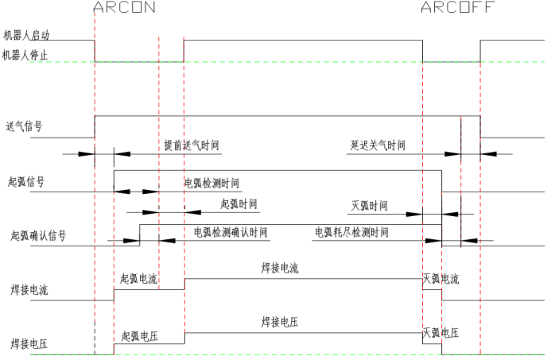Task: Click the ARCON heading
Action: tap(124, 7)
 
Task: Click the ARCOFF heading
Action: tap(457, 7)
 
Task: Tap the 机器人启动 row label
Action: tap(26, 35)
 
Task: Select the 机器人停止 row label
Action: tap(25, 55)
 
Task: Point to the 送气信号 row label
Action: tap(24, 126)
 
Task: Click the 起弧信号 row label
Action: tap(26, 181)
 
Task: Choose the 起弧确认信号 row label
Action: tap(38, 235)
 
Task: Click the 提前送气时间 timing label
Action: tap(192, 145)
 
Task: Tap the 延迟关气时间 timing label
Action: tap(378, 145)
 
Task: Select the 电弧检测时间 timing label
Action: tap(211, 183)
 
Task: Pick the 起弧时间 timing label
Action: tap(239, 203)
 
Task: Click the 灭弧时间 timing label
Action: tap(370, 206)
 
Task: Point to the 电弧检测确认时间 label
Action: tap(231, 232)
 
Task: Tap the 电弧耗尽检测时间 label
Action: tap(351, 232)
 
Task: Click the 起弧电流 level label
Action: tap(138, 279)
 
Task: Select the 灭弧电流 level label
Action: tap(440, 279)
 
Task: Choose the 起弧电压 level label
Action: tap(140, 336)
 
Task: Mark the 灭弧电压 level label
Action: tap(440, 333)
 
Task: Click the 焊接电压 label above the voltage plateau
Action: tap(280, 322)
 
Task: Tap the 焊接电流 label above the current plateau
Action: tap(280, 269)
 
